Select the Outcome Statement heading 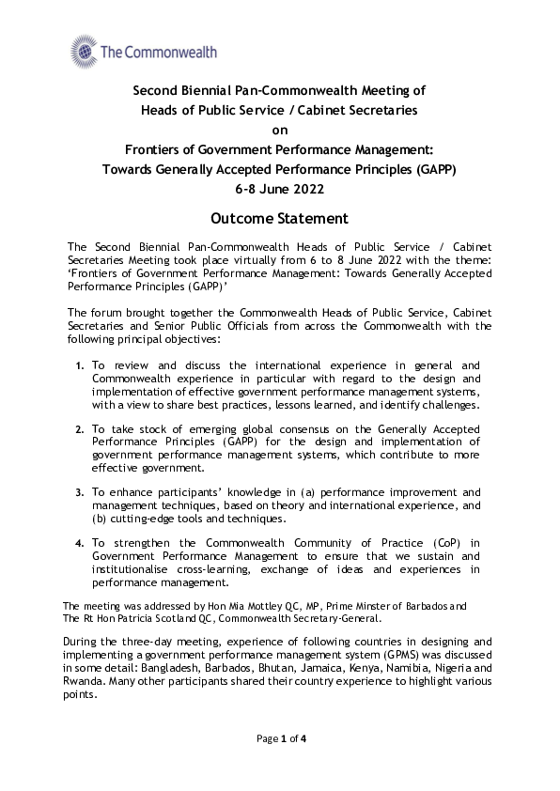(x=279, y=219)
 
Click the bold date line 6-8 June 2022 (x=279, y=189)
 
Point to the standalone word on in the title (x=279, y=131)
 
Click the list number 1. (x=80, y=365)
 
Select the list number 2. (x=80, y=427)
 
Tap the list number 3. (x=80, y=491)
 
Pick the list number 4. (x=80, y=543)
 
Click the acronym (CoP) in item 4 (x=428, y=543)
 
